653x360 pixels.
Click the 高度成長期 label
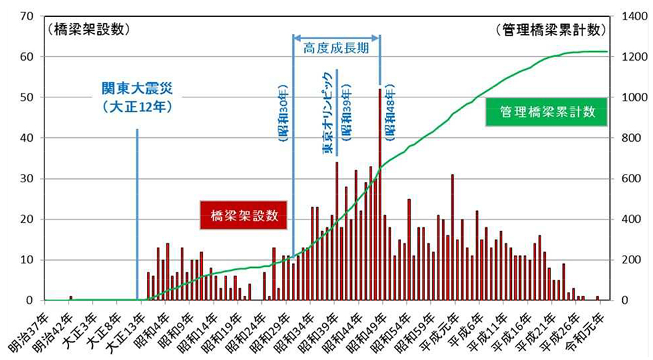(336, 47)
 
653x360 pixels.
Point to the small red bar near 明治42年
(71, 298)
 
